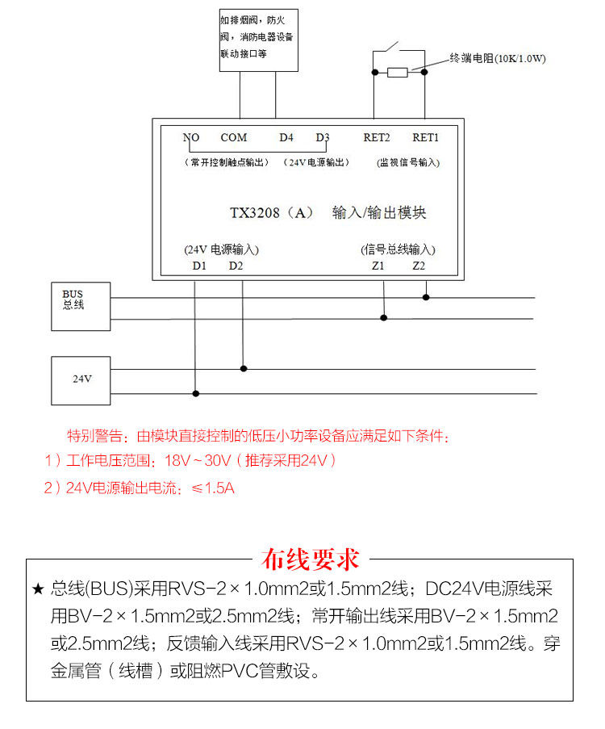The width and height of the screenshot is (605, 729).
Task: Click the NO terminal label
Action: [190, 137]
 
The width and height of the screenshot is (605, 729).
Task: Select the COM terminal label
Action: [234, 137]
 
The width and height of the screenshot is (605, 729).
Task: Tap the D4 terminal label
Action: [286, 137]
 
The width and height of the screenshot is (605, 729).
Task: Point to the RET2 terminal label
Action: [377, 137]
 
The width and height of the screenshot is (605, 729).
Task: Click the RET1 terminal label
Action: [425, 137]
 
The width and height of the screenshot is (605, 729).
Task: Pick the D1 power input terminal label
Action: [199, 265]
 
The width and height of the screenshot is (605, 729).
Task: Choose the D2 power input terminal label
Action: [235, 265]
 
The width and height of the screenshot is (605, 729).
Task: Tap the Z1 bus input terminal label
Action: [378, 265]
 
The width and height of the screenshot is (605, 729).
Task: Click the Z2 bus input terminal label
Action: [419, 265]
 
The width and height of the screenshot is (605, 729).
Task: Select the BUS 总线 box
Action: [81, 306]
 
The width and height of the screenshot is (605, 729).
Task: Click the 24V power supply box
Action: [81, 379]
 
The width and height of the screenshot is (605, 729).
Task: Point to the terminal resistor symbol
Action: [398, 73]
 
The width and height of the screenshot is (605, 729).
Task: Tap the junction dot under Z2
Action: [426, 297]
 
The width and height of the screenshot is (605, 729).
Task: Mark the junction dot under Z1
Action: [384, 318]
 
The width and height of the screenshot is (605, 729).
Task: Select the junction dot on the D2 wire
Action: [244, 368]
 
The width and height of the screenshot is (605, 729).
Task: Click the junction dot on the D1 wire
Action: [195, 394]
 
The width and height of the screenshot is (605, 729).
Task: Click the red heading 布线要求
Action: [311, 559]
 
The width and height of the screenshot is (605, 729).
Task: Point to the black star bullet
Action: [38, 589]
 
